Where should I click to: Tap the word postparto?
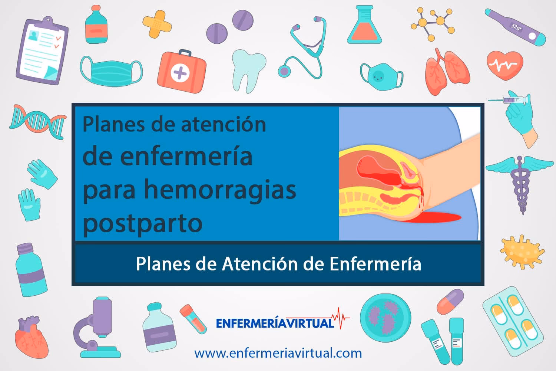pyautogui.click(x=142, y=223)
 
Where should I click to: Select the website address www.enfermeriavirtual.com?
pyautogui.click(x=278, y=353)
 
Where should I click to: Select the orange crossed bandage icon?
pyautogui.click(x=157, y=24)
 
